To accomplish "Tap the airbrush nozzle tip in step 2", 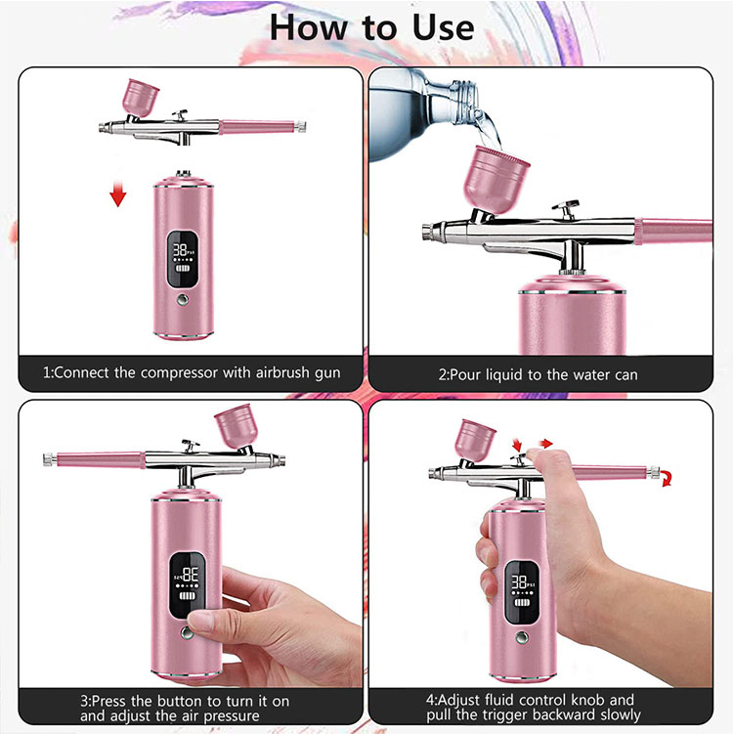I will tap(426, 233).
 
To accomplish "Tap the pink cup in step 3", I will tap(234, 426).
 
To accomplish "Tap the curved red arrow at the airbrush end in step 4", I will tap(666, 478).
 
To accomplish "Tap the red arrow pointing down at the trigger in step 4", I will tap(516, 446).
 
